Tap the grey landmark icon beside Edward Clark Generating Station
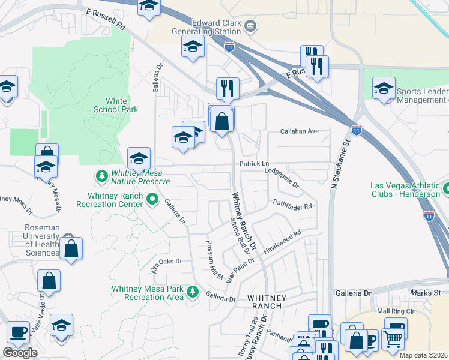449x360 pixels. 251,26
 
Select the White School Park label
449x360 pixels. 116,105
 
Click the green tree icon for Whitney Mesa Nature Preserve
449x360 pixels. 101,176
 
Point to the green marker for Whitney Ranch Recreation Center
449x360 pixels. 152,199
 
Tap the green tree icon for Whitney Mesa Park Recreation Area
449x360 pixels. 193,292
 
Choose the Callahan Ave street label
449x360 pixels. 299,131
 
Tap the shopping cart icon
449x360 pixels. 393,339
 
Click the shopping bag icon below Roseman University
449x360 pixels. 71,249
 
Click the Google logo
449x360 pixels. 20,353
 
